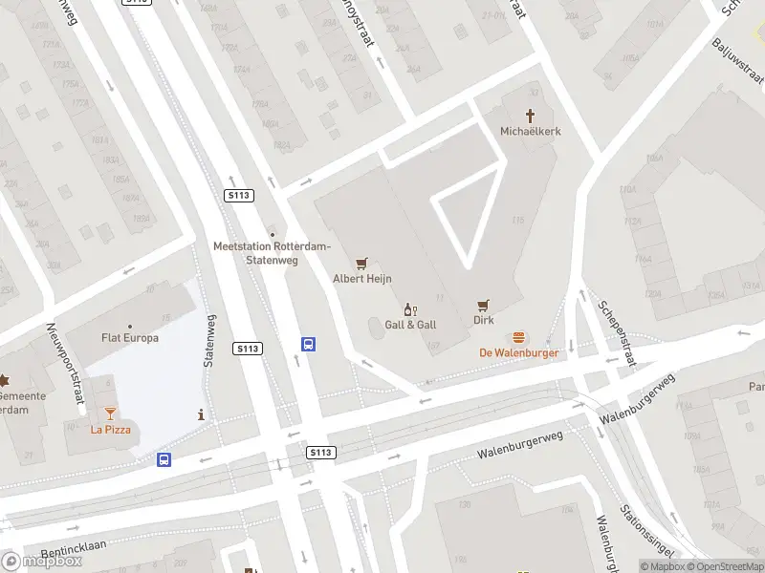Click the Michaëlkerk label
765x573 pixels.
tap(529, 130)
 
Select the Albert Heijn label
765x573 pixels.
tap(361, 279)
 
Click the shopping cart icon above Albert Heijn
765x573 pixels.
tap(361, 263)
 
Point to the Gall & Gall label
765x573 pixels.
tap(410, 325)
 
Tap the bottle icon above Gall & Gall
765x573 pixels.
tap(411, 308)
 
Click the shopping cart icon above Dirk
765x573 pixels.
tap(484, 306)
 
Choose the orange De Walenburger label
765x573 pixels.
tap(519, 352)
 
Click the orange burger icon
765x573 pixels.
tap(519, 336)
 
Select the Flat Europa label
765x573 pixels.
tap(130, 337)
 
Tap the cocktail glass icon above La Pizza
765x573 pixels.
tap(110, 413)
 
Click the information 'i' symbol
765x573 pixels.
tap(200, 414)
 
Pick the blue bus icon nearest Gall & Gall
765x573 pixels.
tap(309, 345)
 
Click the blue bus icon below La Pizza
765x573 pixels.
tap(164, 459)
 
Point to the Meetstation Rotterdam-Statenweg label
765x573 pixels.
tap(272, 253)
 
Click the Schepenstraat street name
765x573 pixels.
tap(617, 333)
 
